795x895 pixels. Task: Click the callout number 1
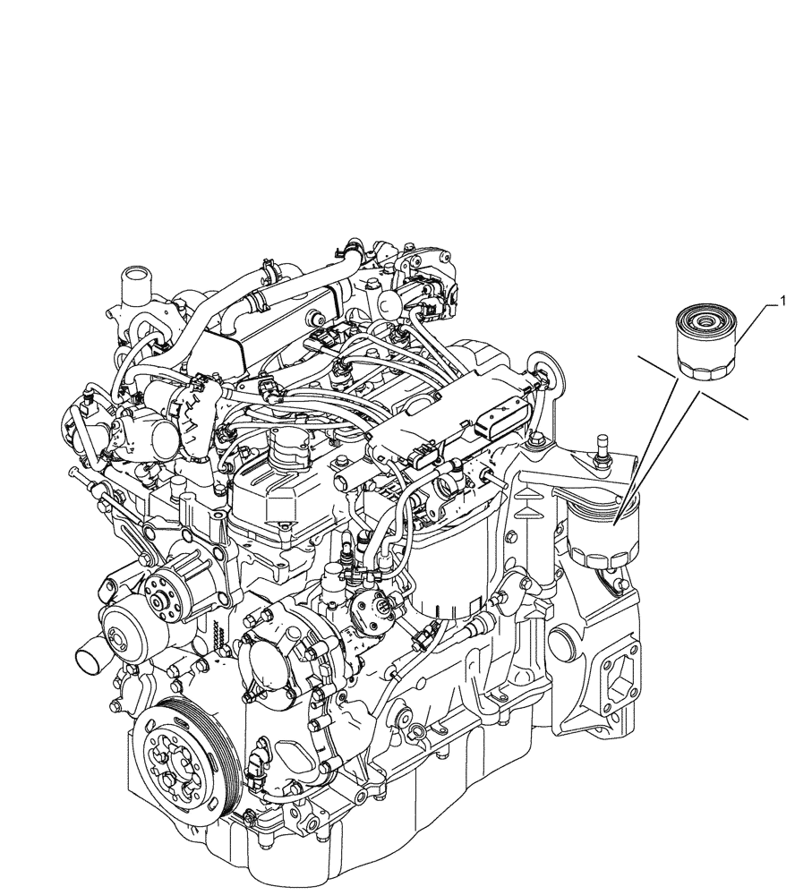[x=783, y=302]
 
